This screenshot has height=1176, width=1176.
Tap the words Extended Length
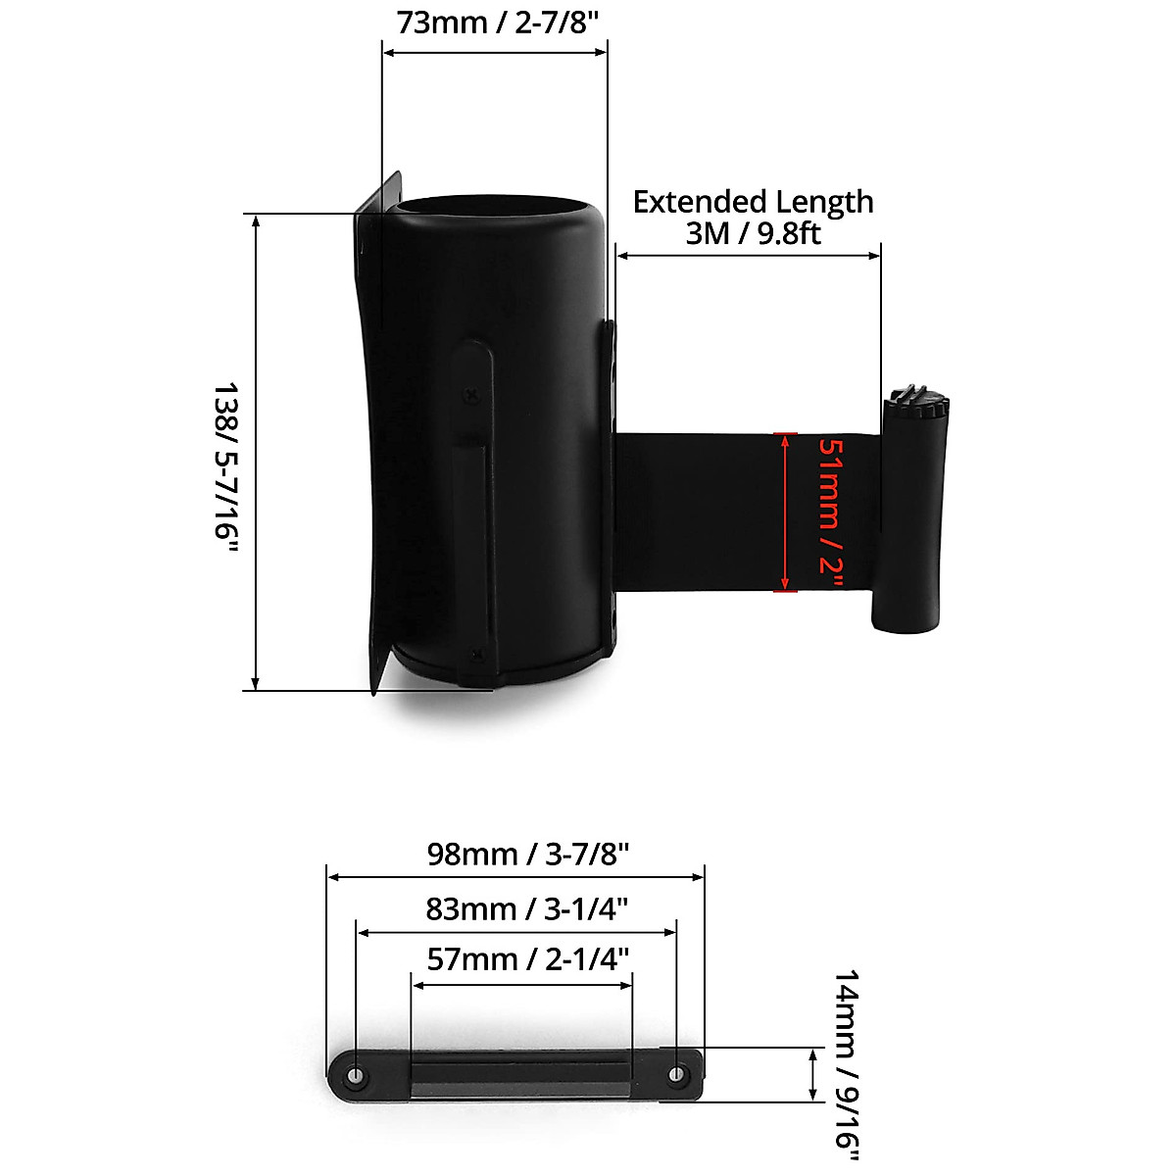tap(753, 202)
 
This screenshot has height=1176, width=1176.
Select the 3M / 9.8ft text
tap(753, 233)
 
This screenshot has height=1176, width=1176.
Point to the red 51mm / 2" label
tap(830, 513)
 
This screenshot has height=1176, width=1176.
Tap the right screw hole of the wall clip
tap(675, 1075)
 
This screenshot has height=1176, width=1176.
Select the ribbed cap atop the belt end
tap(916, 402)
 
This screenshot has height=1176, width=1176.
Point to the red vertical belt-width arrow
tap(783, 513)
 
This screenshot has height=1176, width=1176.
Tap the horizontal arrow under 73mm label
tap(495, 53)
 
